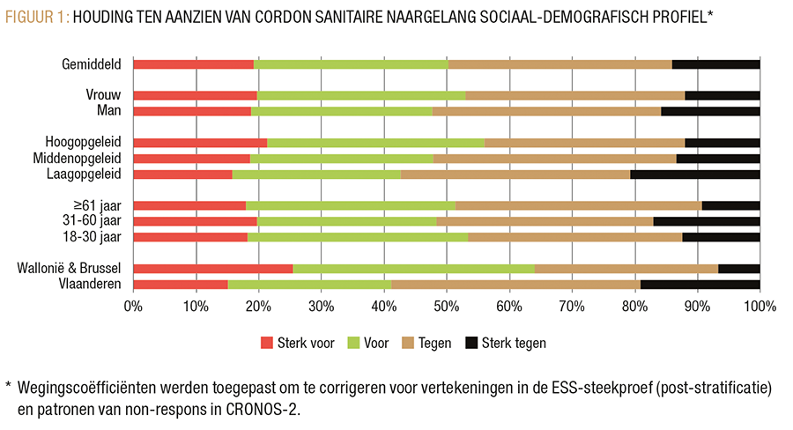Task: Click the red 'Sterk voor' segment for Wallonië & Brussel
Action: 212,268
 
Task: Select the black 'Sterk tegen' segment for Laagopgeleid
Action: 694,174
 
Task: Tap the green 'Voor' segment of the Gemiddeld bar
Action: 351,64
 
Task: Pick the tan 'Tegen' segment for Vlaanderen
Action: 515,284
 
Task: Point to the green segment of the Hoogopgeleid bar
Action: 375,143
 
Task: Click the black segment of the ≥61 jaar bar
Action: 730,205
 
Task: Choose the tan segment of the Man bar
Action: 546,111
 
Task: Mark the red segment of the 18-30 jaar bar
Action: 190,237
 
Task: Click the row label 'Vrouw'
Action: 102,95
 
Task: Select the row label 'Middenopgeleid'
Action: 83,159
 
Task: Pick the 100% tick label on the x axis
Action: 759,307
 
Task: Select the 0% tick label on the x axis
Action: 133,307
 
